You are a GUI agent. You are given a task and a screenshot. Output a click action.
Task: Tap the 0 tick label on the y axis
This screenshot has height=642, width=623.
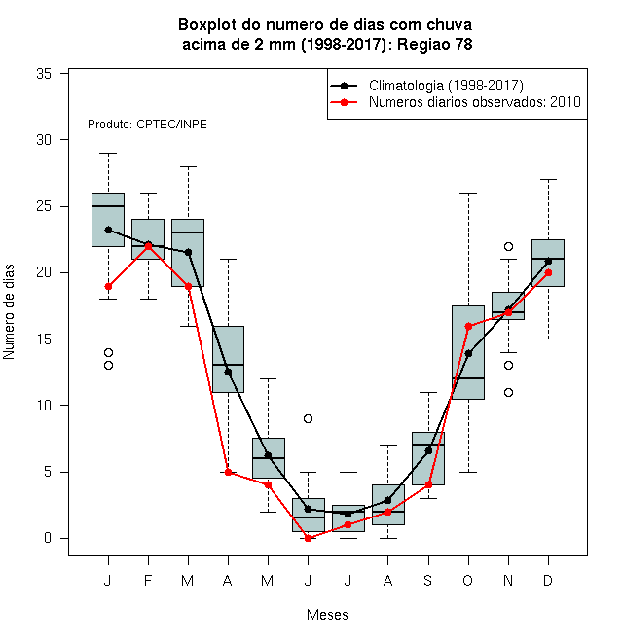click(x=48, y=538)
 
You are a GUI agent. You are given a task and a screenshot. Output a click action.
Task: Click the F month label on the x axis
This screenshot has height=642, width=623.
click(x=148, y=580)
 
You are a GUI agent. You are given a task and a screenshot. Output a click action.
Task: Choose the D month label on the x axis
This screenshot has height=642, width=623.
click(x=548, y=580)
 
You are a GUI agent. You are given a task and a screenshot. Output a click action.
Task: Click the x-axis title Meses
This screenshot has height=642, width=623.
click(x=327, y=615)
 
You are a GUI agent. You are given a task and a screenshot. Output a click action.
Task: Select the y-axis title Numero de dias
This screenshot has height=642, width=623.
click(x=9, y=312)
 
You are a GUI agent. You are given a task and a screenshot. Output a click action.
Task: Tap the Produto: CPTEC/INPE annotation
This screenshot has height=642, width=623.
click(x=147, y=125)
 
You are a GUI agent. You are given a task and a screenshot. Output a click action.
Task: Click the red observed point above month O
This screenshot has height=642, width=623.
click(x=468, y=326)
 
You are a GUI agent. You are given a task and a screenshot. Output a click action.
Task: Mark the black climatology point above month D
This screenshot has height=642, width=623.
click(x=548, y=261)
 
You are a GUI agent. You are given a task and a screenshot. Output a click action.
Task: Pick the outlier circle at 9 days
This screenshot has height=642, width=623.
click(x=309, y=418)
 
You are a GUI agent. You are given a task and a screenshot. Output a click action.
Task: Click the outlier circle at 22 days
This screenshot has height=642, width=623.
click(x=509, y=246)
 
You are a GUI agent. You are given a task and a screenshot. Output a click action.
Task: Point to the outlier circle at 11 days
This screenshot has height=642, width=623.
click(x=509, y=392)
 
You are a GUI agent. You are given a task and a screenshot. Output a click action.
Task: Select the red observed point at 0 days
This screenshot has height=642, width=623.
click(x=309, y=539)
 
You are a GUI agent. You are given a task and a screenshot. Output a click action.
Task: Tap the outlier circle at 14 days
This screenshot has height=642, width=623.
click(x=109, y=352)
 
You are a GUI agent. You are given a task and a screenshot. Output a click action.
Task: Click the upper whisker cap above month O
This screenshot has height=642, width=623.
click(x=468, y=193)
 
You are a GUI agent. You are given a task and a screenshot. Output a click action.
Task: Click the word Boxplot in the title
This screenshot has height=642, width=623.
click(x=207, y=25)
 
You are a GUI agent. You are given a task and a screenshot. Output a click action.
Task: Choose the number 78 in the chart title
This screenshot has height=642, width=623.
click(x=463, y=44)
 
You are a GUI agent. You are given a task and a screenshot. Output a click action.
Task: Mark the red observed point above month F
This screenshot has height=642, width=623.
click(x=148, y=246)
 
